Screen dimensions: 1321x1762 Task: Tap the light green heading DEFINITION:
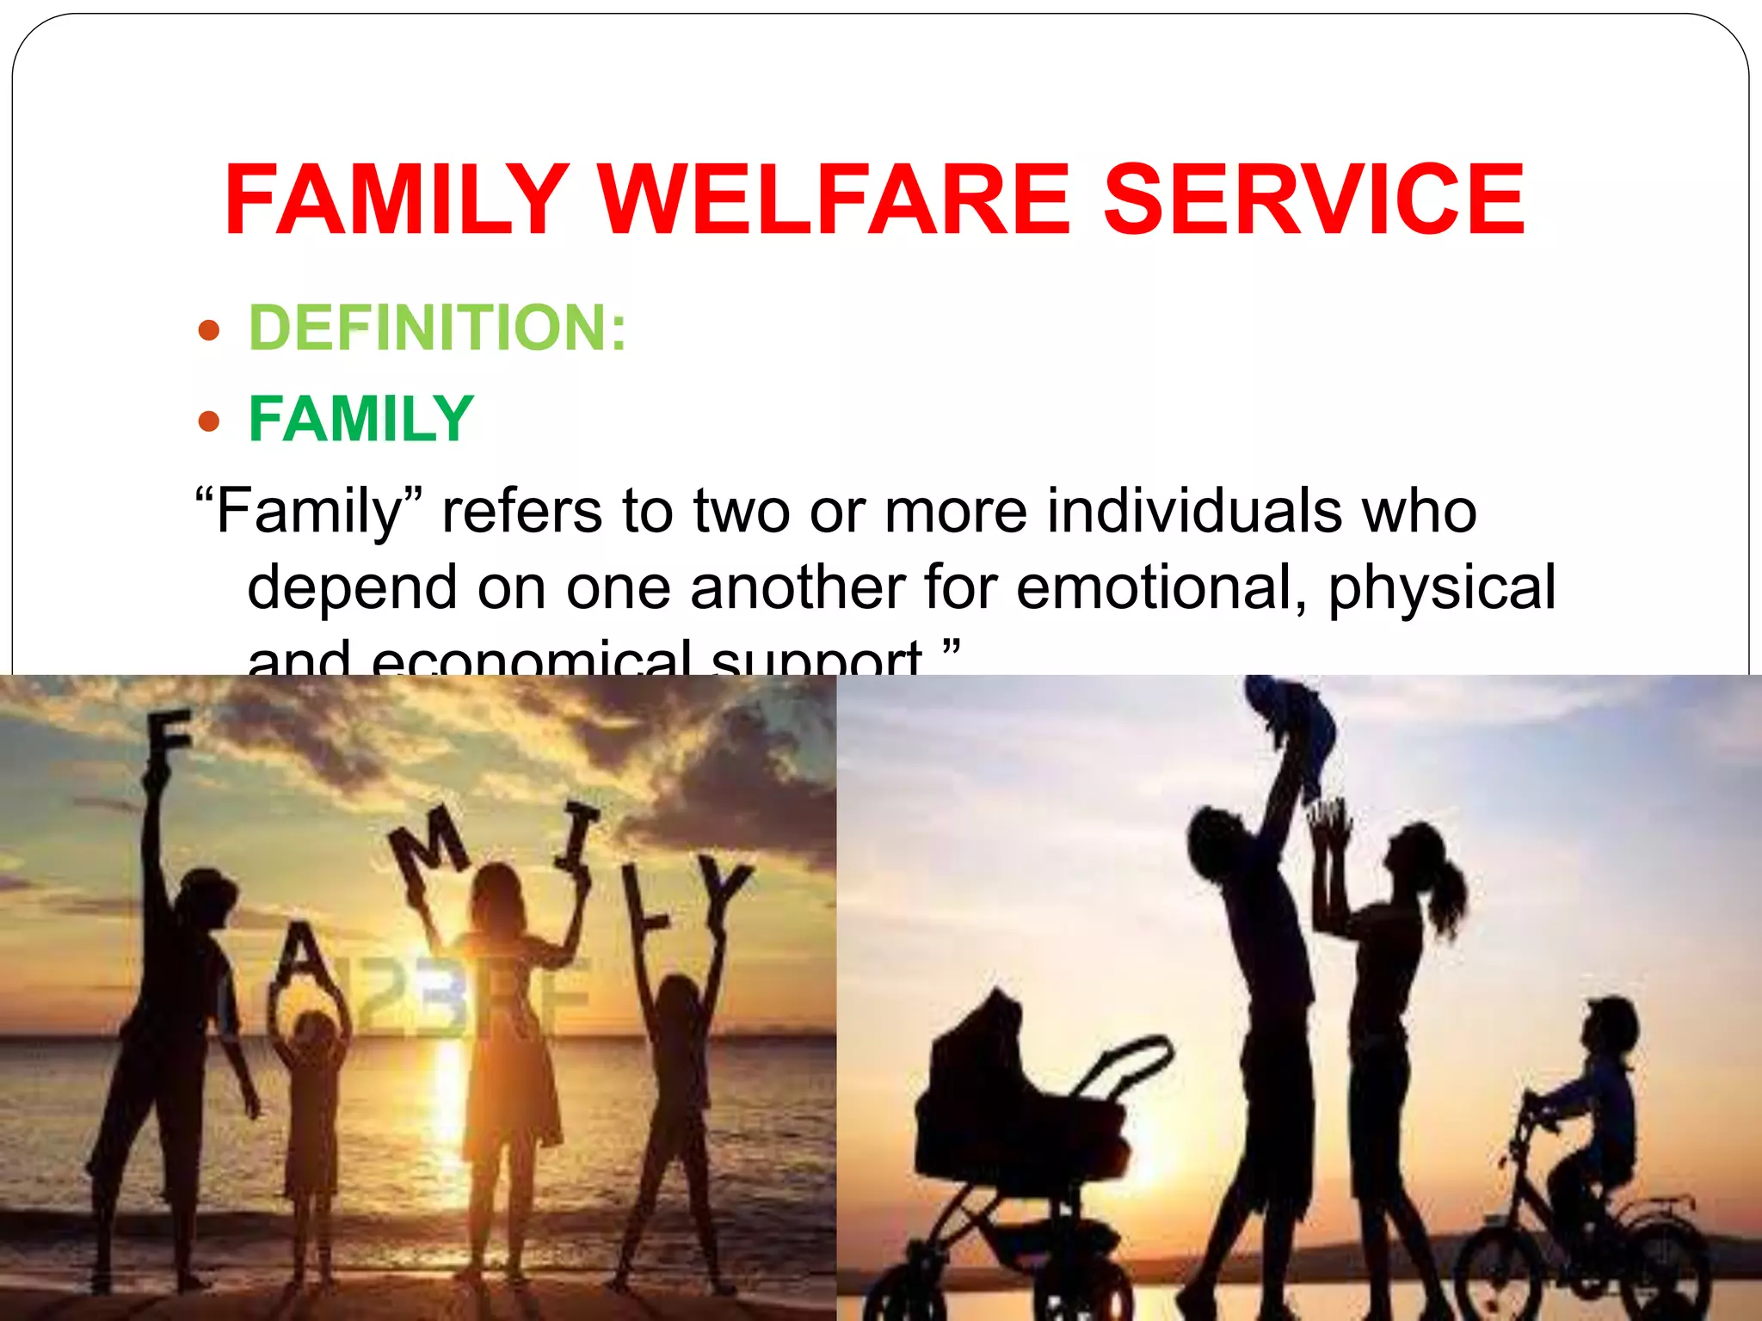pyautogui.click(x=438, y=328)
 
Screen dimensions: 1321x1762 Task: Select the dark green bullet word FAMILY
pyautogui.click(x=361, y=420)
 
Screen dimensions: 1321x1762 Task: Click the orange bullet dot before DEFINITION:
pyautogui.click(x=209, y=330)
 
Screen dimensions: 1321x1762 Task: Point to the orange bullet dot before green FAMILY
pyautogui.click(x=209, y=421)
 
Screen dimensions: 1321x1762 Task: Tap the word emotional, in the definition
pyautogui.click(x=1161, y=588)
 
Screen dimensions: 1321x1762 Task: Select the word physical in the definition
pyautogui.click(x=1442, y=590)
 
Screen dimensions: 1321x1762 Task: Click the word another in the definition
pyautogui.click(x=798, y=588)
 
